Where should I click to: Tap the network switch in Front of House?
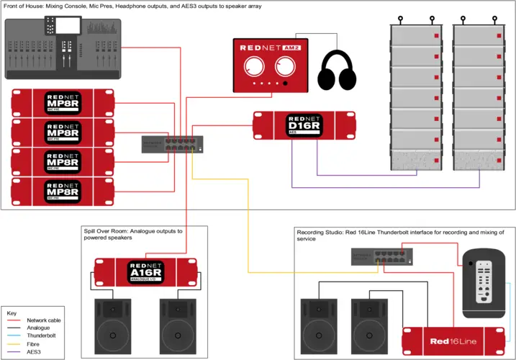click(171, 144)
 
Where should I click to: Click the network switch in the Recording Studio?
click(381, 257)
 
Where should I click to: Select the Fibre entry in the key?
click(33, 343)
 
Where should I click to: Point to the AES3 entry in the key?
click(33, 351)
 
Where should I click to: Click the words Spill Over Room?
click(109, 231)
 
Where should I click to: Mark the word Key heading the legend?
click(12, 314)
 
